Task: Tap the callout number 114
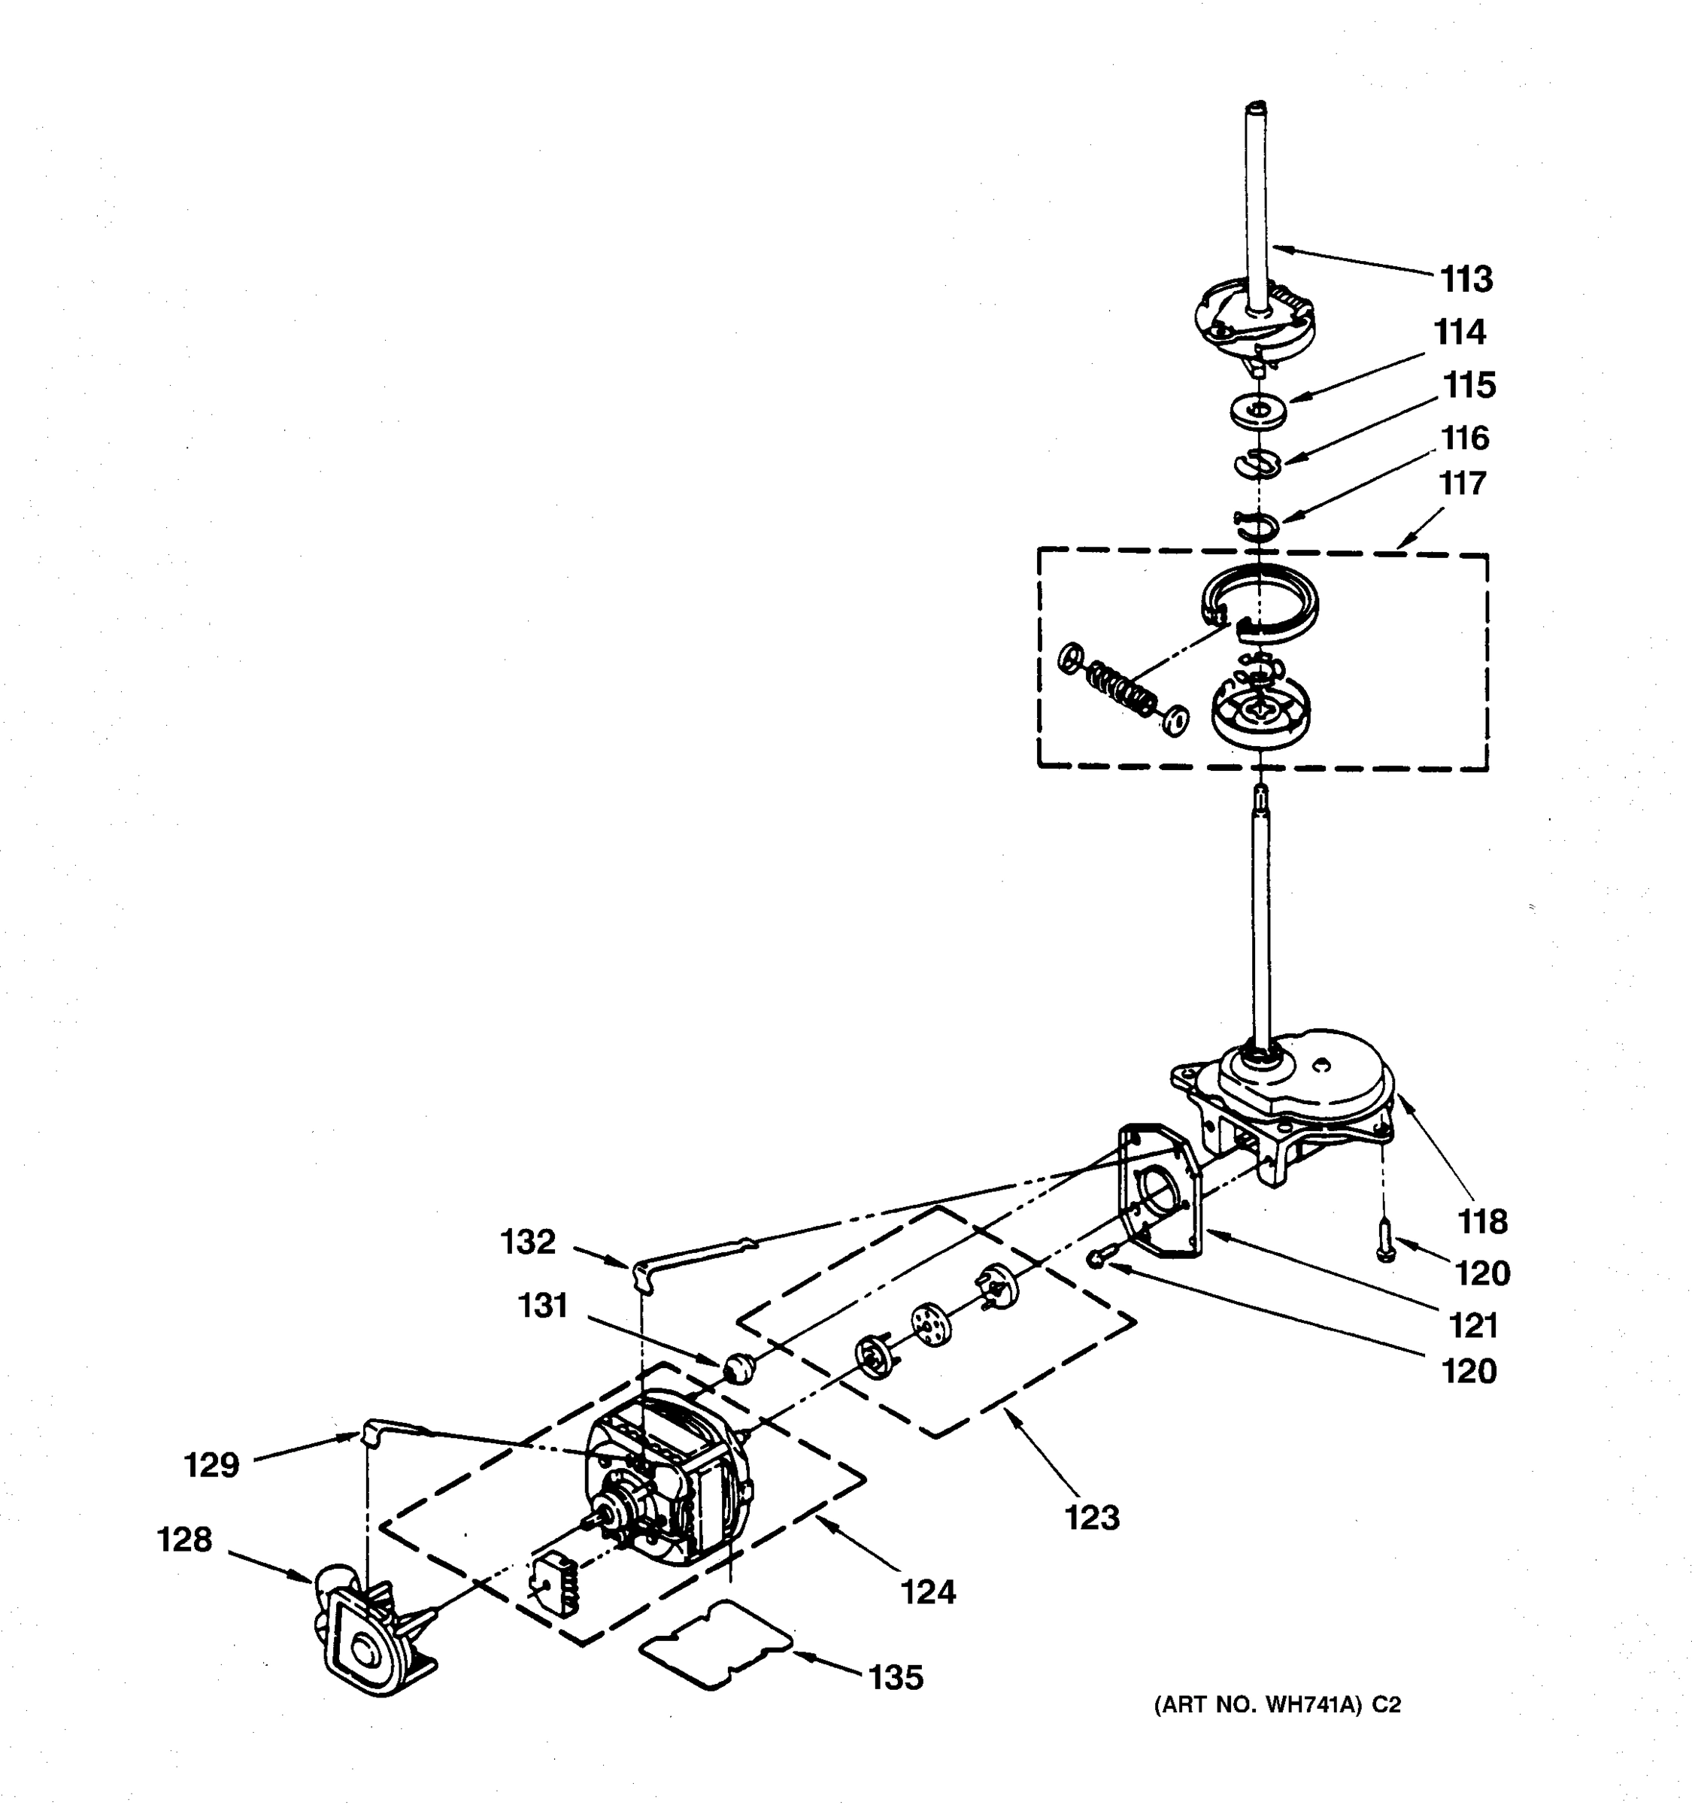point(1460,332)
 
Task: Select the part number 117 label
point(1461,483)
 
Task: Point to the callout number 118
point(1482,1222)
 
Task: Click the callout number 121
point(1472,1326)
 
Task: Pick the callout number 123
point(1092,1516)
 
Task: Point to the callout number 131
point(543,1306)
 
